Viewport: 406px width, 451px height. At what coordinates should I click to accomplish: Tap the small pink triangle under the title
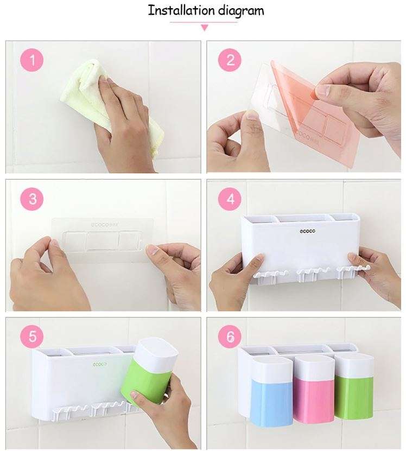[204, 28]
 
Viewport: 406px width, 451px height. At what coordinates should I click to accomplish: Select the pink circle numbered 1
[32, 60]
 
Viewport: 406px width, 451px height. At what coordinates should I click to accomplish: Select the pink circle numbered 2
[230, 60]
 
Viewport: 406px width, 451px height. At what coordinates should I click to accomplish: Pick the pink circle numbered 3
[32, 199]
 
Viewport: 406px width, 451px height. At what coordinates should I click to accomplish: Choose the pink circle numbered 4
[230, 199]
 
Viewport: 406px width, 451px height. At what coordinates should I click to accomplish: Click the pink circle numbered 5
[32, 336]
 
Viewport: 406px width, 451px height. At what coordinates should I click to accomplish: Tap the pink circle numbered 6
[230, 336]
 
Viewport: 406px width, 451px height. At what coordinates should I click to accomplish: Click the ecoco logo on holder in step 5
[100, 364]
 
